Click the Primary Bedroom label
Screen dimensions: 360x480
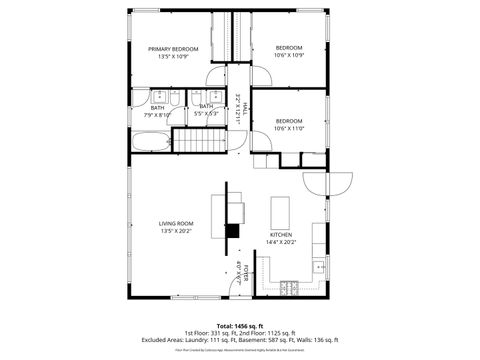coord(173,48)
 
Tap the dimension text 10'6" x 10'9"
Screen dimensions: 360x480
coord(288,55)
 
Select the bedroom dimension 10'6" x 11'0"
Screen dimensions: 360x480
coord(288,128)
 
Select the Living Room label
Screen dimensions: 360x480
coord(175,223)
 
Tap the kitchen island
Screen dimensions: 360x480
coord(282,211)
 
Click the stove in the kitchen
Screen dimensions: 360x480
coord(290,287)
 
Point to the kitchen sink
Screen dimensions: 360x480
coord(319,266)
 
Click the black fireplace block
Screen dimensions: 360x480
coord(232,232)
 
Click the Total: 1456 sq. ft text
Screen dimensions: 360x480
coord(240,325)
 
